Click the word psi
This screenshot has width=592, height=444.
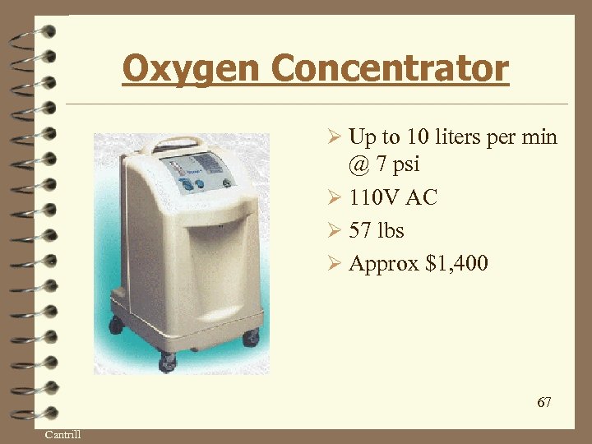click(405, 165)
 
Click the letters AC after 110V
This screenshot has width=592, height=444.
click(423, 197)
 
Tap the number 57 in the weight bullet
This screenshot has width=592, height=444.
click(361, 230)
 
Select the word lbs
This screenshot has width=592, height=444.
click(391, 230)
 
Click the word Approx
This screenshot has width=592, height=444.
click(384, 264)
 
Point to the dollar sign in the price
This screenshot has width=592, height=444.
click(432, 263)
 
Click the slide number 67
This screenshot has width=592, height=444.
click(543, 402)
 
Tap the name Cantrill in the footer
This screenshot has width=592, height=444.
click(62, 434)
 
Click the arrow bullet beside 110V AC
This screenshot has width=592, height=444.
click(334, 197)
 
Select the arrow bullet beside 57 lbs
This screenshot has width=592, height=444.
click(334, 230)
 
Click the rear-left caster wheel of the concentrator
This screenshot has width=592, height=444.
click(116, 323)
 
